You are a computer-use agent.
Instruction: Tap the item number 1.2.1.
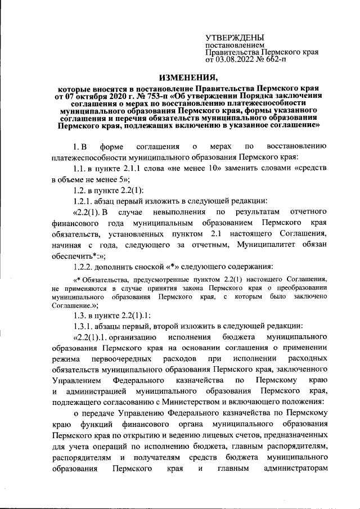[76, 201]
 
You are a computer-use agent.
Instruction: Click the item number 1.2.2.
[76, 265]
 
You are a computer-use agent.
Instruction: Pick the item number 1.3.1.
[76, 326]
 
